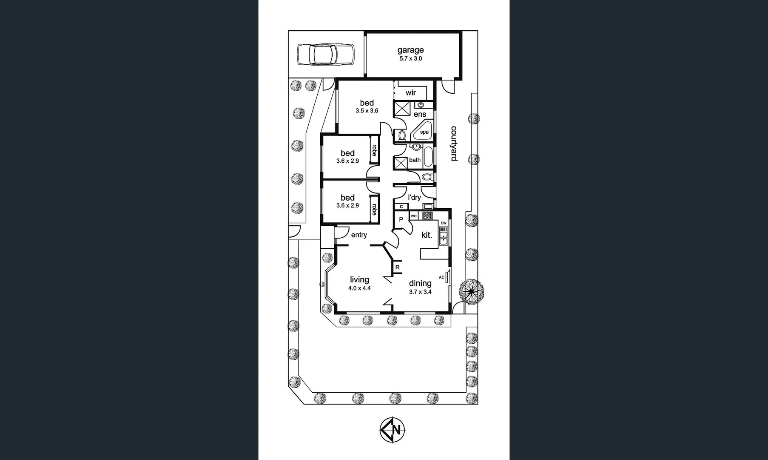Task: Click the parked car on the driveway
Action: [325, 55]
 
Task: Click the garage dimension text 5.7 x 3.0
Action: [410, 59]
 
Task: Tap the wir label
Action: [410, 93]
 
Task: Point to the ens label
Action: [420, 115]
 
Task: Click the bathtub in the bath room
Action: [427, 157]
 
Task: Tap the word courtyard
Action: [454, 144]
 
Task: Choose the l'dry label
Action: [414, 197]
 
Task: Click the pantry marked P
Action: [401, 220]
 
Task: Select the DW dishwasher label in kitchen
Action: [444, 223]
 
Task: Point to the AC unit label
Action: [441, 277]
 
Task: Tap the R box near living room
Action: [397, 267]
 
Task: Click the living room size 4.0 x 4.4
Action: [359, 288]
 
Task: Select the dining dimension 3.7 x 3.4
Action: [420, 292]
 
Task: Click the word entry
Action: [359, 235]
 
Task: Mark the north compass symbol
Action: [392, 430]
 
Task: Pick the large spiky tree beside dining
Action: [471, 291]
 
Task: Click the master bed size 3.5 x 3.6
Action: [367, 111]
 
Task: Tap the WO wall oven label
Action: [413, 216]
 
